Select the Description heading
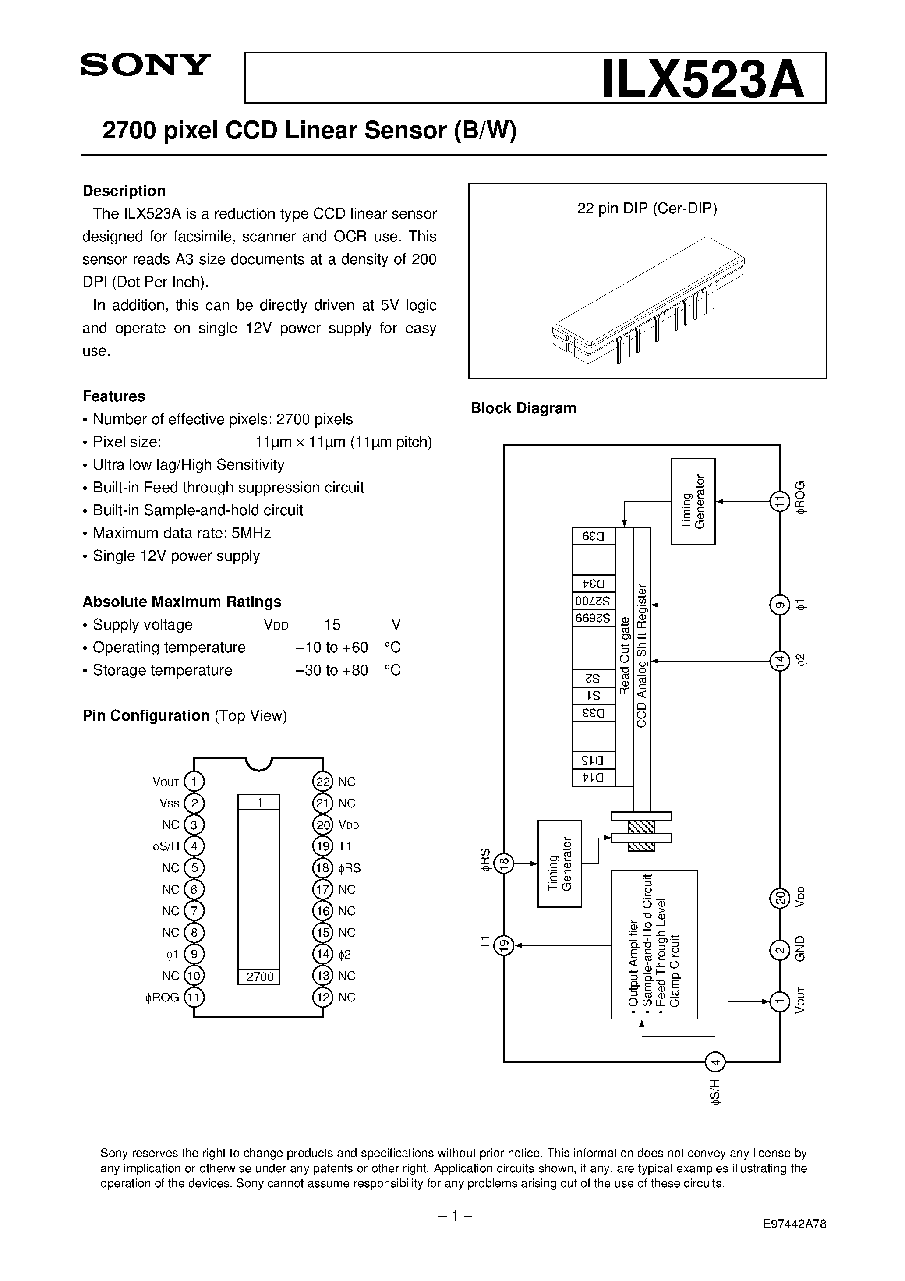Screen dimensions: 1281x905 (x=124, y=191)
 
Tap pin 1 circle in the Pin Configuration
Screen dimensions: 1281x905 (x=194, y=782)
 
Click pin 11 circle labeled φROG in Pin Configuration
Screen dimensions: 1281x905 (x=194, y=997)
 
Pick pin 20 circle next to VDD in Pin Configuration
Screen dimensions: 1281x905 (x=322, y=825)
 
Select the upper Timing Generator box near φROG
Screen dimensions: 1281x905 (x=693, y=502)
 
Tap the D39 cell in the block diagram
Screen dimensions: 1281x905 (x=594, y=536)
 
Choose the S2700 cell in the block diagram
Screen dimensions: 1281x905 (x=594, y=602)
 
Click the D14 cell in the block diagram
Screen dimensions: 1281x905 (x=594, y=778)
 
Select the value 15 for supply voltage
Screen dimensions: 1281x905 (x=332, y=624)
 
